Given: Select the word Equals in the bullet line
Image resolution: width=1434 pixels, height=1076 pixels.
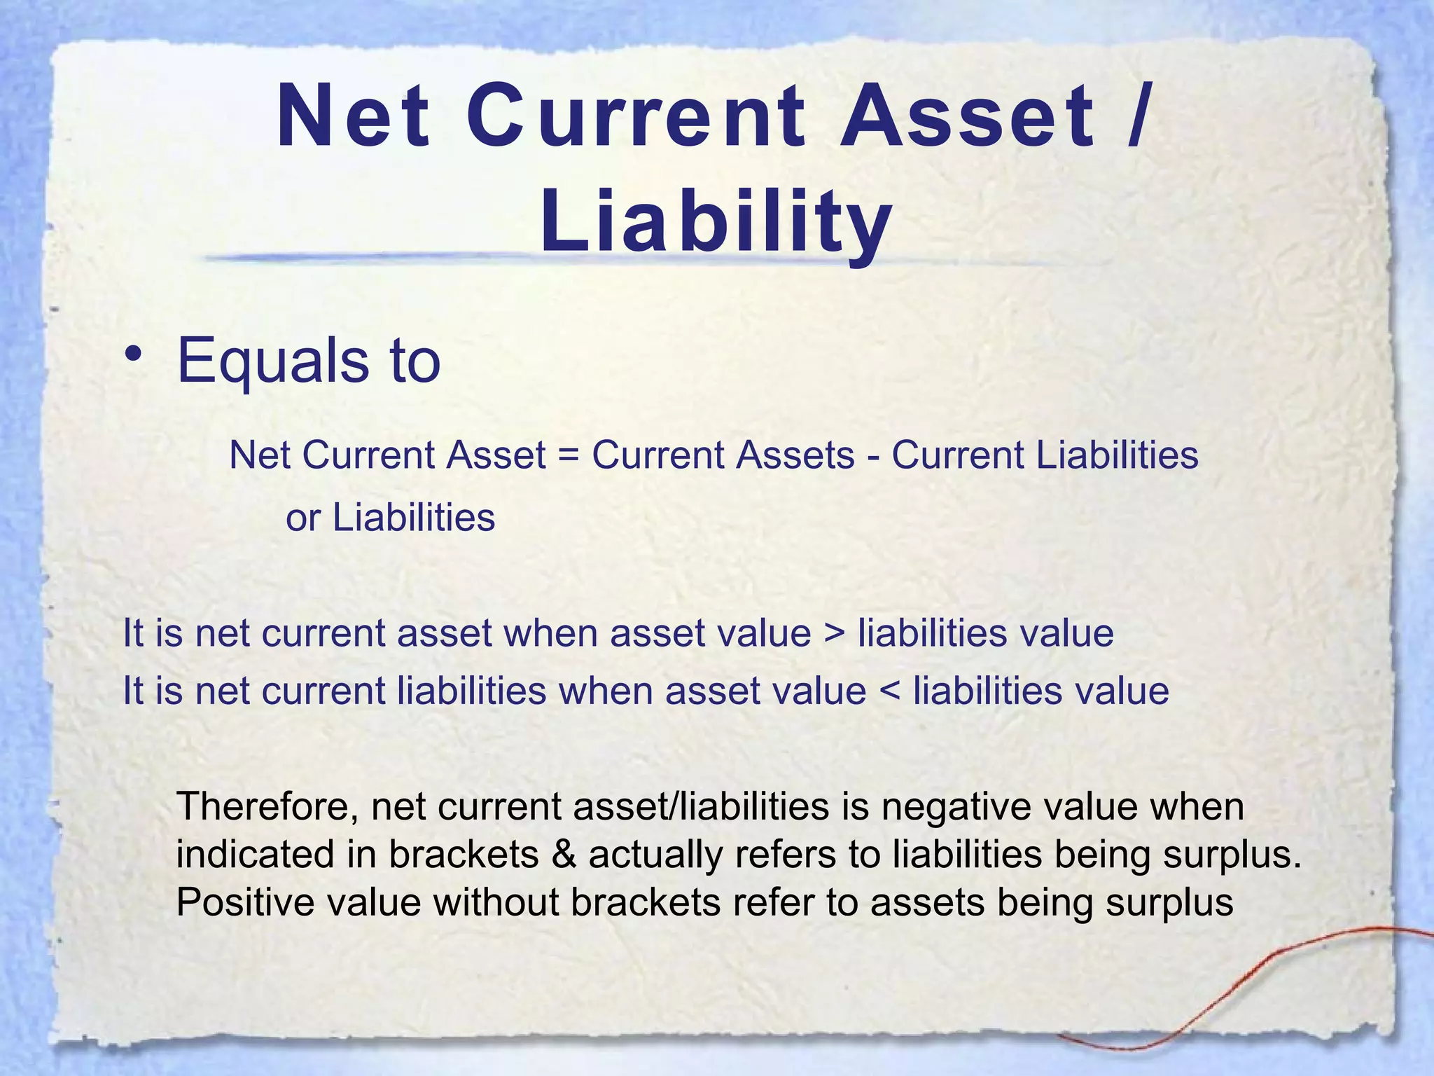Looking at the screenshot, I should point(273,361).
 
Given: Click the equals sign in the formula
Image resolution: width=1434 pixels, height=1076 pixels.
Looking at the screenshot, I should point(569,455).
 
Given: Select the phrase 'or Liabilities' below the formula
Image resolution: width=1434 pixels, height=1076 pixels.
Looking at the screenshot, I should point(391,518).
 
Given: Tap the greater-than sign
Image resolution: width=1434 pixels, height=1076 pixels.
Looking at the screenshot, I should point(835,634).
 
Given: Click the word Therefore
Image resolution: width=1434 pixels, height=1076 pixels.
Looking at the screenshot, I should point(269,806).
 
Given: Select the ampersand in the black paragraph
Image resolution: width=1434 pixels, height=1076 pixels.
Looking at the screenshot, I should point(564,855).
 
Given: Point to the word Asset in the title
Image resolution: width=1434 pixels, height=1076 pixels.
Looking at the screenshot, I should point(967,116).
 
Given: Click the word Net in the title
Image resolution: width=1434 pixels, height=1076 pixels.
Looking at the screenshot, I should point(354,116).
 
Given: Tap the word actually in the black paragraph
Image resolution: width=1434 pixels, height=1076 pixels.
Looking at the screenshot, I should point(655,855).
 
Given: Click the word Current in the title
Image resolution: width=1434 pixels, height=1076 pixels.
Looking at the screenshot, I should point(637,116).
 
